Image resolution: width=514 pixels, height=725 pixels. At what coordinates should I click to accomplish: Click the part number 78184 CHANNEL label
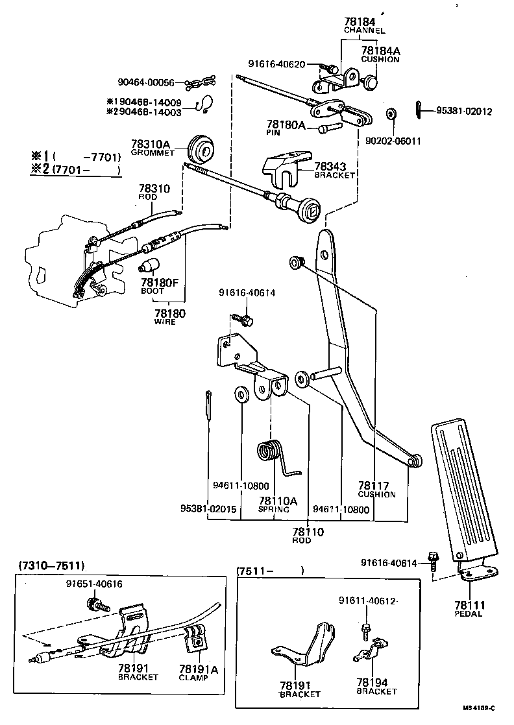(x=364, y=25)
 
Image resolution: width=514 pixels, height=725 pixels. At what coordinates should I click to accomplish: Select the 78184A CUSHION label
(x=380, y=54)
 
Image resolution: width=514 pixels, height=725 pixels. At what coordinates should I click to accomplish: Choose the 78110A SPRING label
(x=278, y=504)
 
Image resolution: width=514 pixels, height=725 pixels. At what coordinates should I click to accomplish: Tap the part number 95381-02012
(x=463, y=111)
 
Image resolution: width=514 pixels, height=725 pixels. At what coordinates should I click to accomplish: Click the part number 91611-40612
(x=367, y=600)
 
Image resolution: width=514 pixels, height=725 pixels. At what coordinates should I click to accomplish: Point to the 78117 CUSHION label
(x=376, y=488)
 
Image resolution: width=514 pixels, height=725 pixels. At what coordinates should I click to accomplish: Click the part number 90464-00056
(x=146, y=82)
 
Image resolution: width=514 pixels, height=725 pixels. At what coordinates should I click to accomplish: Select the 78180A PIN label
(x=286, y=126)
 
